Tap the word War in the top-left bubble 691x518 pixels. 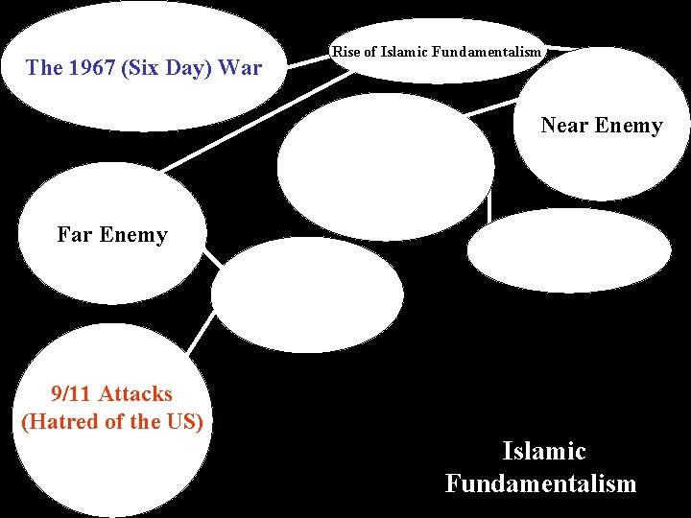point(240,68)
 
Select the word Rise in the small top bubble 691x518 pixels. point(345,52)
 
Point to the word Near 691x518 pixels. point(564,126)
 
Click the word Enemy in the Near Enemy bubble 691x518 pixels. point(629,126)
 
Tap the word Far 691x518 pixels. point(75,235)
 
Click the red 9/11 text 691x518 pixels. point(71,393)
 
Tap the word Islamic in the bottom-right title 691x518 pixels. point(543,451)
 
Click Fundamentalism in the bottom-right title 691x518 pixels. point(540,483)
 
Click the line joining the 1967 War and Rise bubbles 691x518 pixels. point(309,61)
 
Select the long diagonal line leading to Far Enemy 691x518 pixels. point(250,125)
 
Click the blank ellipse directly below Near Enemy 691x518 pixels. point(569,249)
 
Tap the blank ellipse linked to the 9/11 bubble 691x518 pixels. point(307,295)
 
